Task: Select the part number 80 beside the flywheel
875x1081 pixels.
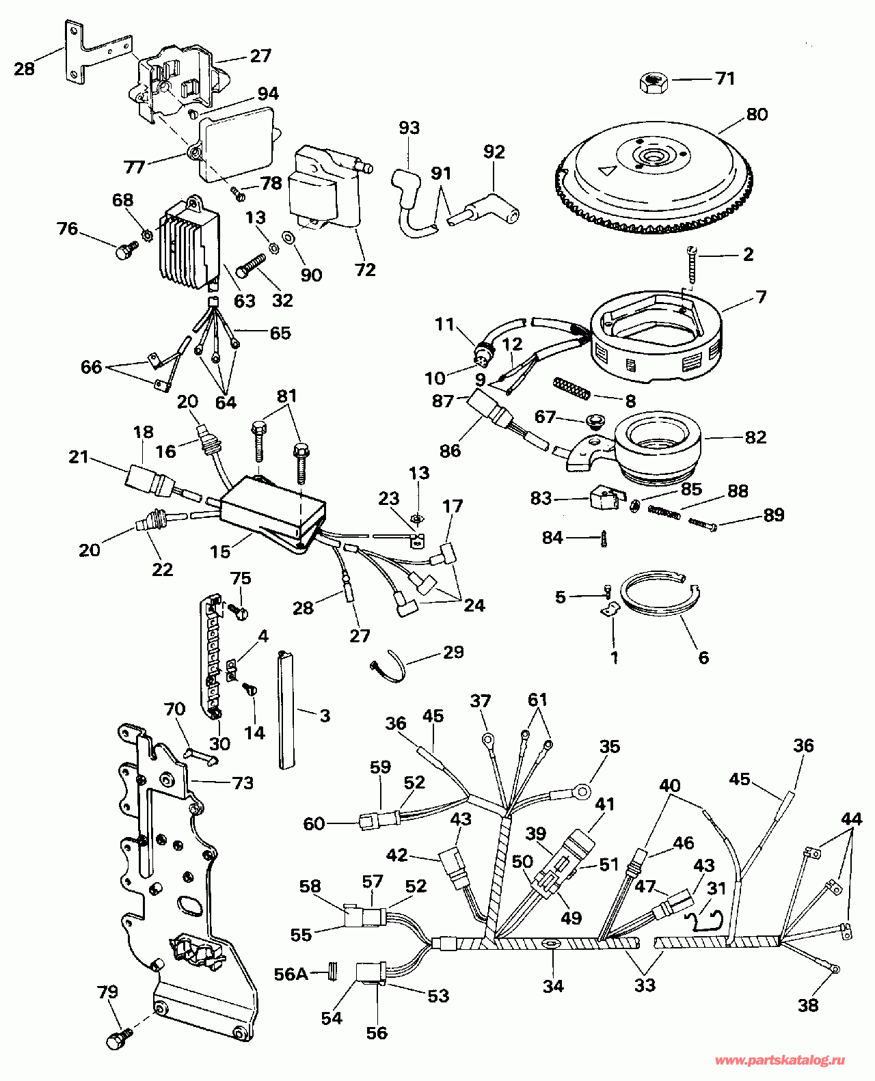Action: (x=757, y=115)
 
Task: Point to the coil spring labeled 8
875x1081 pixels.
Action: (x=573, y=391)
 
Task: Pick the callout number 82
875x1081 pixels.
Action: (x=755, y=437)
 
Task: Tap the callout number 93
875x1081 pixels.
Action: (x=409, y=128)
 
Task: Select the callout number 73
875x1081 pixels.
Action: (x=243, y=782)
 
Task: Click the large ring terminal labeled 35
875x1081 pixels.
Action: (x=582, y=793)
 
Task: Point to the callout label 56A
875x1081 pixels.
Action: (x=291, y=973)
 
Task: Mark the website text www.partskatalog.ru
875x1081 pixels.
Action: (x=779, y=1061)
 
